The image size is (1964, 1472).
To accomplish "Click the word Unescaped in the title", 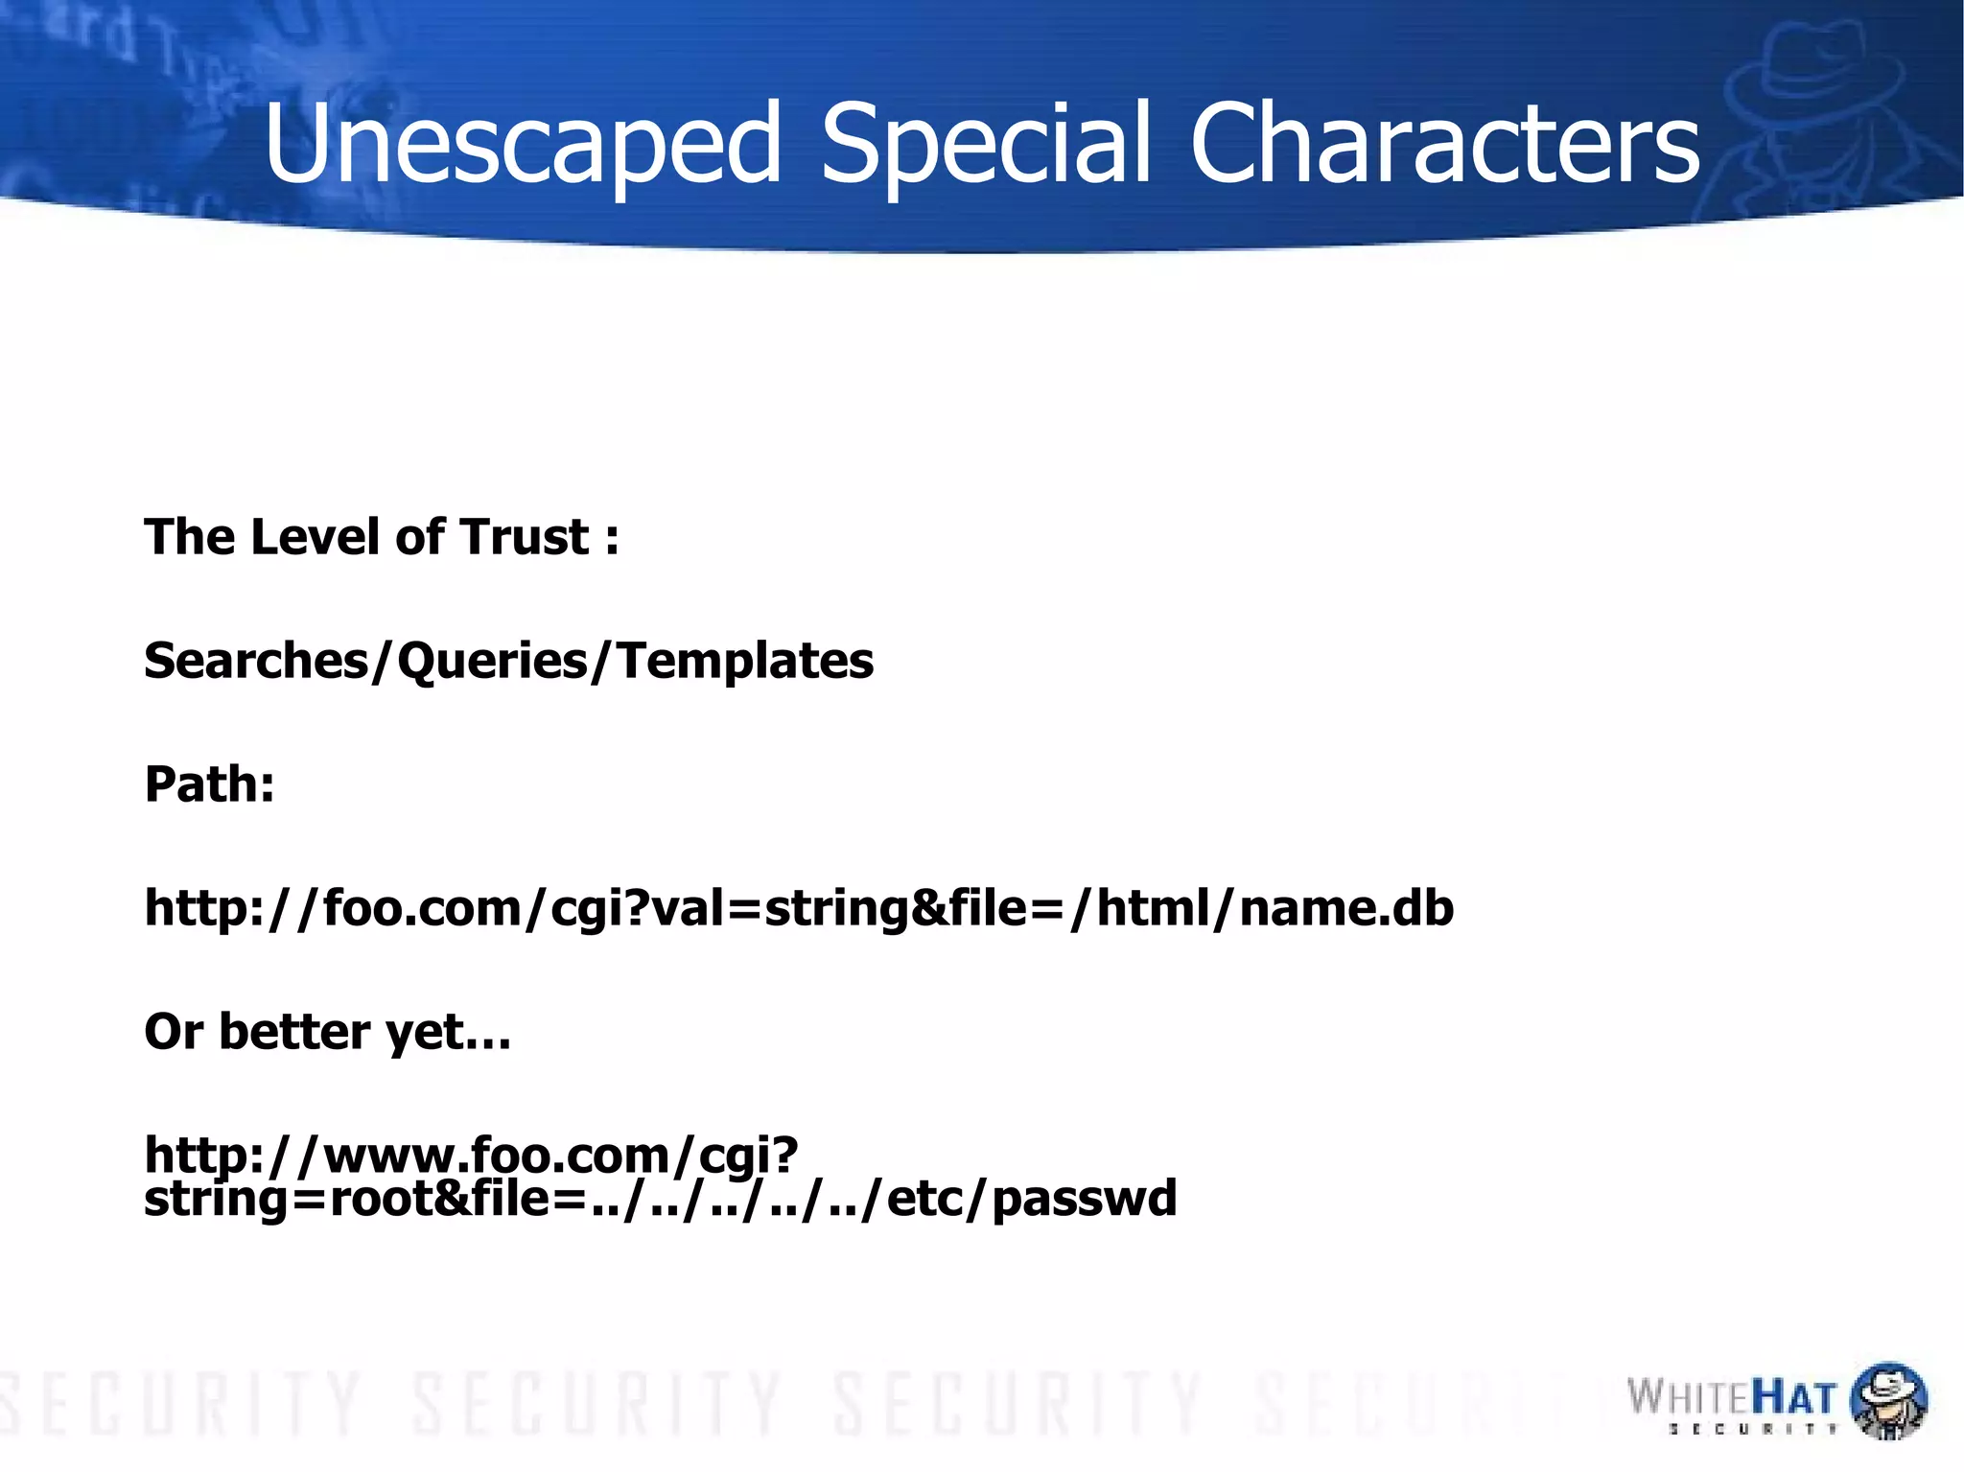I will [x=523, y=144].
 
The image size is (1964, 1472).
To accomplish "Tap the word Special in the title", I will [x=986, y=144].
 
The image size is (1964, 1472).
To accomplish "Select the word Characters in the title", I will [x=1444, y=144].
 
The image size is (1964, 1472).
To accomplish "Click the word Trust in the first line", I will [x=524, y=536].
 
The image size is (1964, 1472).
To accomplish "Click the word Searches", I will [x=256, y=661].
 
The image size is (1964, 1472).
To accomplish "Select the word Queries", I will [x=493, y=661].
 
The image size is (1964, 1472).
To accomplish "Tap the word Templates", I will [x=745, y=661].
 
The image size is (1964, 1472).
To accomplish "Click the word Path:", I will [x=209, y=784].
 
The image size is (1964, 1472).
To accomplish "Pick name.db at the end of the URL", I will [x=1345, y=907].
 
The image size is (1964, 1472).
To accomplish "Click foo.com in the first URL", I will [x=422, y=907].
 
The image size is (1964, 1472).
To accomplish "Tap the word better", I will [x=293, y=1032].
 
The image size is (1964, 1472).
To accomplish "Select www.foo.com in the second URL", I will [x=498, y=1155].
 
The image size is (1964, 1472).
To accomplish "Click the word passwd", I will [x=1084, y=1199].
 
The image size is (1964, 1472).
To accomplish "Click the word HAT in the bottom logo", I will [x=1794, y=1398].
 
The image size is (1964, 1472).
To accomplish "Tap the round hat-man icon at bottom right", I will [x=1887, y=1400].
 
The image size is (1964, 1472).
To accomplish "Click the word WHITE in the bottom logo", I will [x=1689, y=1398].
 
